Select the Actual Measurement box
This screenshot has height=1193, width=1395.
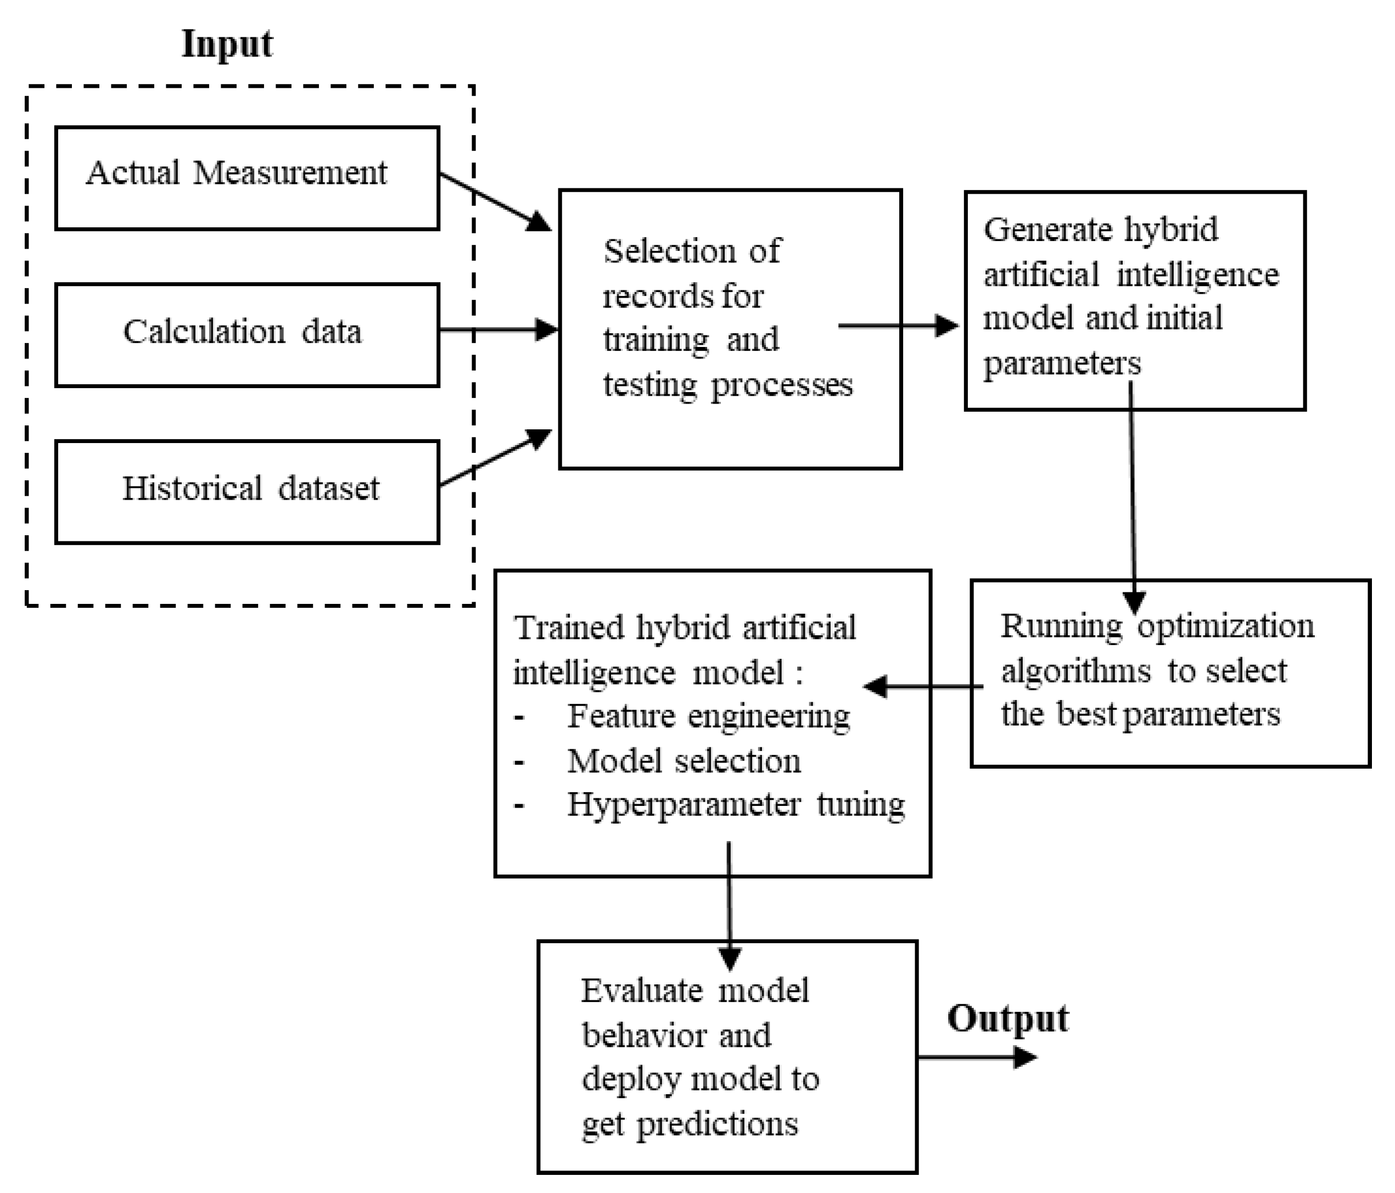(247, 178)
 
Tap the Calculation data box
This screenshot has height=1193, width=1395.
(247, 334)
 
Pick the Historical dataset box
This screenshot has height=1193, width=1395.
(247, 491)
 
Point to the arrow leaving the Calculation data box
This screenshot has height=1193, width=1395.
(498, 330)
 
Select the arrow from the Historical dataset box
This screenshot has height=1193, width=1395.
(496, 458)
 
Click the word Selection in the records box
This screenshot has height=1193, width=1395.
(669, 251)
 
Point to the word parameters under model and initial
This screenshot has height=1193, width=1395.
(1062, 363)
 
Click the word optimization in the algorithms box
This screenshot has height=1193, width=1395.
(1225, 626)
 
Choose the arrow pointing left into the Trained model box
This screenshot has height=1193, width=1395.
(922, 687)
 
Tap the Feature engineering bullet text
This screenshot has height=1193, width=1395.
(708, 716)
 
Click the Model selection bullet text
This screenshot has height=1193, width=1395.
(684, 761)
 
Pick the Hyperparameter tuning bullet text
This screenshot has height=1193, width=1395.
(735, 804)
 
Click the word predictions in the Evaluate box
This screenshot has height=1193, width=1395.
(717, 1124)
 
